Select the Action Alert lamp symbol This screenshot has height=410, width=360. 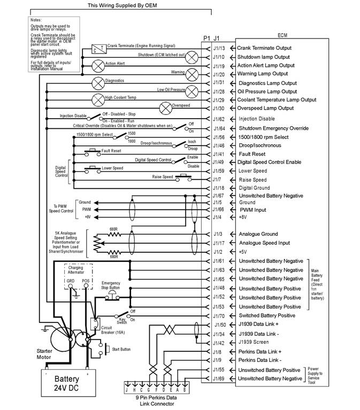[x=98, y=65]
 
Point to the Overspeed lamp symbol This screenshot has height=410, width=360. [x=165, y=108]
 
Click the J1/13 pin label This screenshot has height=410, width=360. [x=218, y=48]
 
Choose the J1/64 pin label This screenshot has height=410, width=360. [x=218, y=128]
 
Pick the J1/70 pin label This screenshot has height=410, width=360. [x=218, y=315]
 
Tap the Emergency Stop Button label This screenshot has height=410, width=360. [x=111, y=285]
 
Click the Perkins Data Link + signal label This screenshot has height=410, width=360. [x=267, y=352]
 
